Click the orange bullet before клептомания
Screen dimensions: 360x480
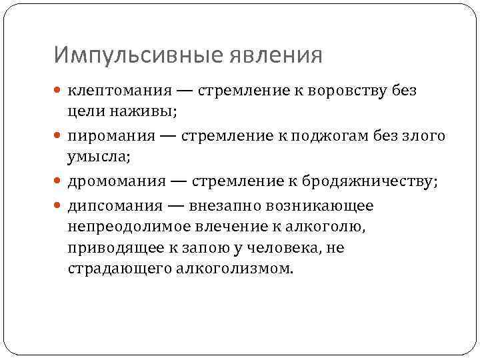[x=59, y=91]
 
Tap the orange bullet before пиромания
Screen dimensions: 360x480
[x=59, y=137]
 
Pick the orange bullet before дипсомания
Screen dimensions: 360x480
[x=59, y=206]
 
